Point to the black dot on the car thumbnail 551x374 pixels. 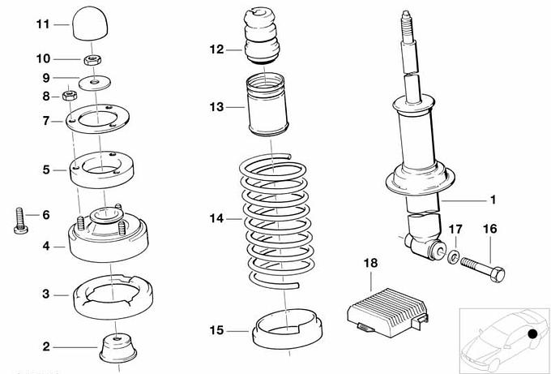click(531, 333)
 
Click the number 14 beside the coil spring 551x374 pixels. click(214, 219)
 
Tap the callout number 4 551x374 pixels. click(46, 247)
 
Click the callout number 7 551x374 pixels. click(46, 122)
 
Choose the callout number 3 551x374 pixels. click(46, 294)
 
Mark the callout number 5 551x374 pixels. click(46, 170)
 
